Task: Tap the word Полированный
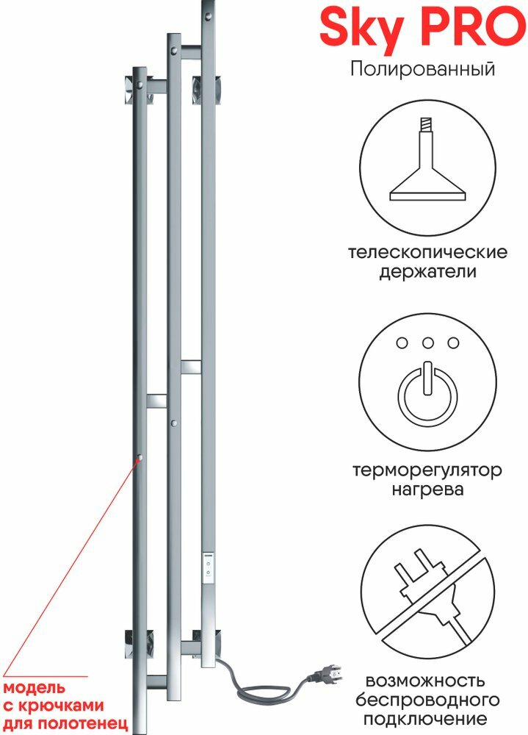click(423, 70)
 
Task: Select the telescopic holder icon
click(428, 166)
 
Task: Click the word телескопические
click(429, 253)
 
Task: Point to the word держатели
click(428, 272)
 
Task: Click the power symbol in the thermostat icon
click(427, 392)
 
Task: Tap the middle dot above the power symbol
click(427, 343)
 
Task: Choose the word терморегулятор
click(427, 469)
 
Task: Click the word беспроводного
click(428, 698)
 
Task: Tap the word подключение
click(428, 718)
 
